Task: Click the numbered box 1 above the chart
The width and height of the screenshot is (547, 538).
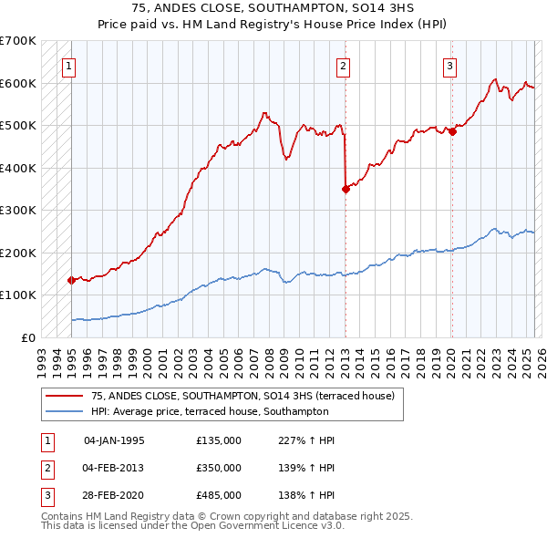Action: coord(70,65)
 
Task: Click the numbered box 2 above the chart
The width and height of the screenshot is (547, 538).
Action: coord(343,65)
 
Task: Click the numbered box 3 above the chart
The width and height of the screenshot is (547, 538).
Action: coord(449,65)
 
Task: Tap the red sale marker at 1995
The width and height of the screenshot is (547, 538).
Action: coord(71,281)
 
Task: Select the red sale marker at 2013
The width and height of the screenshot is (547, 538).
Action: coord(346,190)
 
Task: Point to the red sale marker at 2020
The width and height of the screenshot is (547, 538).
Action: coord(452,132)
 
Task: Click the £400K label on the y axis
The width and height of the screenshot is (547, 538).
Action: coord(18,168)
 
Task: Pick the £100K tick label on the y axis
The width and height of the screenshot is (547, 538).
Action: coord(18,295)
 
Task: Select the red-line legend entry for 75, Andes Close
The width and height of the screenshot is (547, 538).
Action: coord(243,396)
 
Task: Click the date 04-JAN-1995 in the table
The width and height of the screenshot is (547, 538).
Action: coord(114,440)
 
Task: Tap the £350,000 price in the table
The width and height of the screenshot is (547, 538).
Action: coord(219,468)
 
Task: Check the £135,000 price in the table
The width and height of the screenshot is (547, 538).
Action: coord(219,440)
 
